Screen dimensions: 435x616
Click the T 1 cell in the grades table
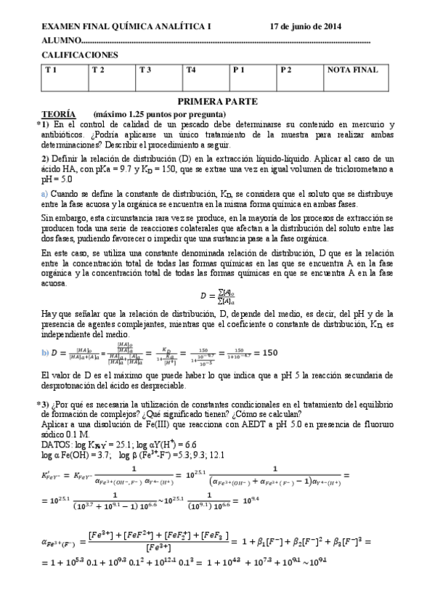tap(65, 76)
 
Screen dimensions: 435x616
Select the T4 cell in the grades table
tap(206, 76)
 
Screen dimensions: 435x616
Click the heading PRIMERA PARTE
tap(217, 102)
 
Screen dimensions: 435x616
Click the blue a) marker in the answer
tap(44, 194)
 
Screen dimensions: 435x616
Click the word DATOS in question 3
tap(55, 442)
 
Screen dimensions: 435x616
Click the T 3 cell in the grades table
tap(159, 76)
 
